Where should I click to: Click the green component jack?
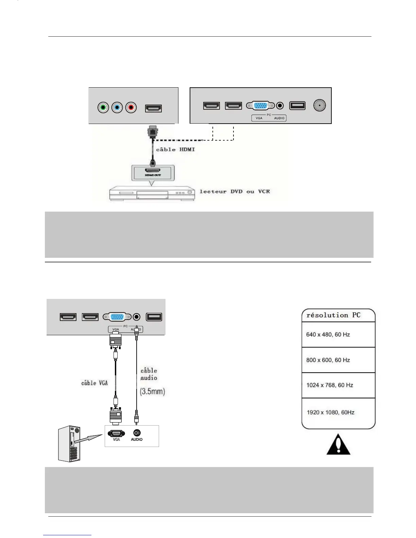(103, 108)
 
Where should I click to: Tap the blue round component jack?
(117, 108)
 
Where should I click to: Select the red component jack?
(131, 108)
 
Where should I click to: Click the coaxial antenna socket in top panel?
(319, 105)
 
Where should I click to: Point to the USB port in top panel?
(297, 106)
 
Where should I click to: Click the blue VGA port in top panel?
(261, 106)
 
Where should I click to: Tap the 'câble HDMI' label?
(175, 149)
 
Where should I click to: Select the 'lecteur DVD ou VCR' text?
(235, 192)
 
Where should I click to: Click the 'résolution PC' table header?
(333, 315)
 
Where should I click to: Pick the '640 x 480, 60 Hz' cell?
(328, 335)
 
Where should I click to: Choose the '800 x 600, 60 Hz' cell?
(328, 360)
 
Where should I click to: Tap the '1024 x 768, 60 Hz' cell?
(330, 385)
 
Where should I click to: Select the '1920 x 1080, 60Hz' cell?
(330, 412)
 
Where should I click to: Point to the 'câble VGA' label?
(94, 383)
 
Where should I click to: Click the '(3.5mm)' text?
(152, 392)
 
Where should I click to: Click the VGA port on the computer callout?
(116, 433)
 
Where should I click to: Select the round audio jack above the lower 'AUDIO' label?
(137, 433)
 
